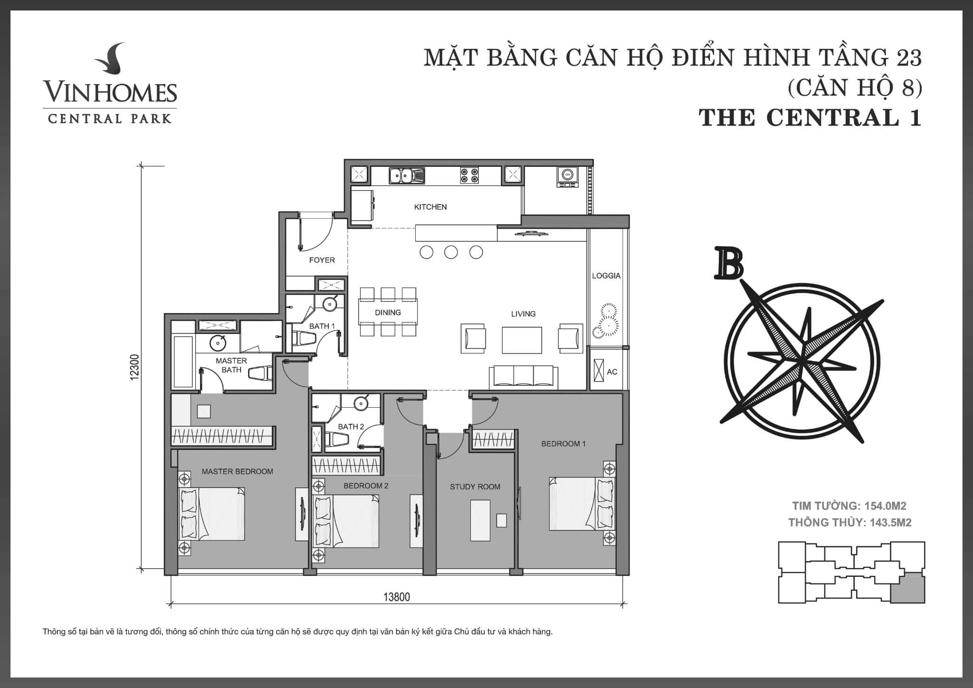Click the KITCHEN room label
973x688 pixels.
pyautogui.click(x=430, y=207)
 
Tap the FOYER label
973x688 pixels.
pyautogui.click(x=322, y=260)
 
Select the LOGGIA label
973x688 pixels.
pyautogui.click(x=606, y=276)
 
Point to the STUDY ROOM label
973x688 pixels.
pyautogui.click(x=475, y=487)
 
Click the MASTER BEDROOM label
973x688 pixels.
pyautogui.click(x=238, y=471)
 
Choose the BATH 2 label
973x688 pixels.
pyautogui.click(x=351, y=426)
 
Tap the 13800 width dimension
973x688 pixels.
pyautogui.click(x=397, y=597)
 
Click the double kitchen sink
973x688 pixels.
pyautogui.click(x=407, y=175)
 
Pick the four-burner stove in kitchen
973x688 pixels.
pyautogui.click(x=469, y=175)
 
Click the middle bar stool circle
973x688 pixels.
pyautogui.click(x=451, y=252)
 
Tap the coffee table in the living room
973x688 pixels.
pyautogui.click(x=522, y=340)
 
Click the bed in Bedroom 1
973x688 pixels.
pyautogui.click(x=582, y=504)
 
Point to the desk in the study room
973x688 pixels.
pyautogui.click(x=480, y=520)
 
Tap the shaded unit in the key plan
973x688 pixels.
pyautogui.click(x=907, y=587)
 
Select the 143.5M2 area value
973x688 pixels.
pyautogui.click(x=890, y=523)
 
